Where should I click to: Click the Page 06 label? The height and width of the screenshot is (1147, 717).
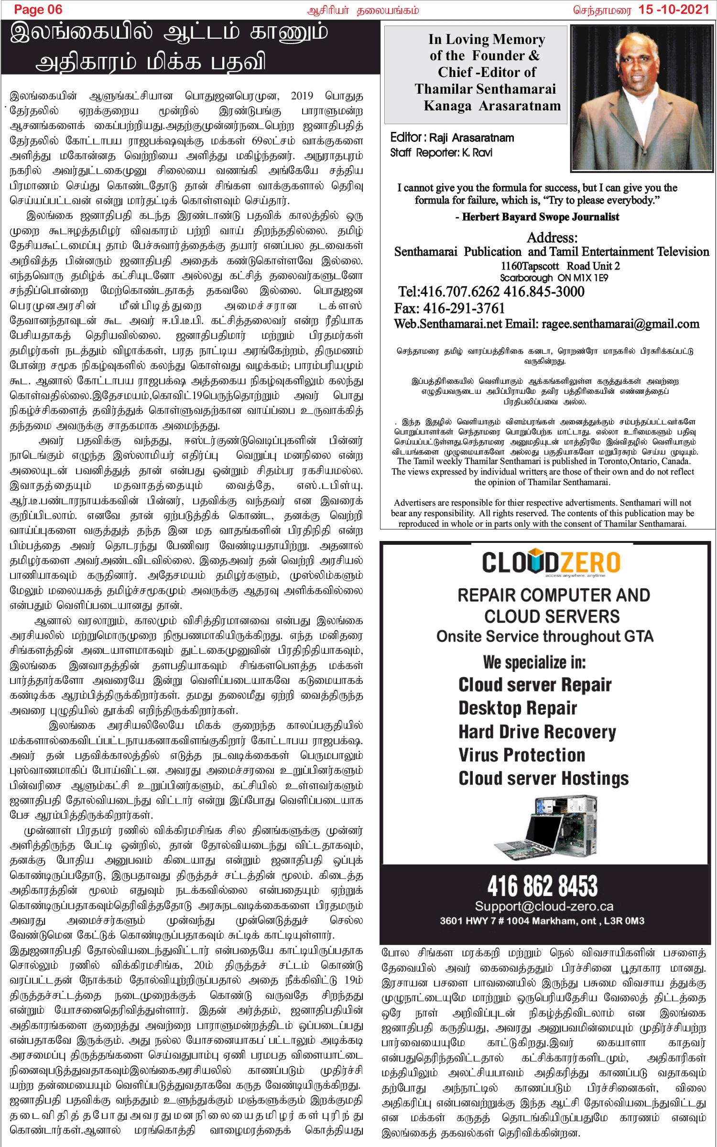(x=38, y=10)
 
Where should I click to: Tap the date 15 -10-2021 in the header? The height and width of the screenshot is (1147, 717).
(x=674, y=10)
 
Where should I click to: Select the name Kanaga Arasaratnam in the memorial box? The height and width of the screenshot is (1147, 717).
(x=492, y=106)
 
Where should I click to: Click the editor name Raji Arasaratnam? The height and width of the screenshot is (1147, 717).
(x=471, y=138)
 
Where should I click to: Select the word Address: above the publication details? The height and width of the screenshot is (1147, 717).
(x=552, y=238)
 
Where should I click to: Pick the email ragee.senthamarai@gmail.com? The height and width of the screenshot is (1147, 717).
(x=620, y=324)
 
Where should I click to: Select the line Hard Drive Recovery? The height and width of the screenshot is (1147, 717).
(x=537, y=732)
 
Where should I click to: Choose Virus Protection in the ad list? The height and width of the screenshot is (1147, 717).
(x=521, y=755)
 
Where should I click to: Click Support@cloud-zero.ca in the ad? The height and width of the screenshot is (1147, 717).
(x=544, y=907)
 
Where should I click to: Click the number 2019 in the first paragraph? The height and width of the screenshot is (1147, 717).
(x=302, y=96)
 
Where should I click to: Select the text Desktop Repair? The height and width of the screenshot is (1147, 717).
(x=518, y=708)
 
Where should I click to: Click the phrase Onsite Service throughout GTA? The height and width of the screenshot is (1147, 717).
(x=544, y=637)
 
